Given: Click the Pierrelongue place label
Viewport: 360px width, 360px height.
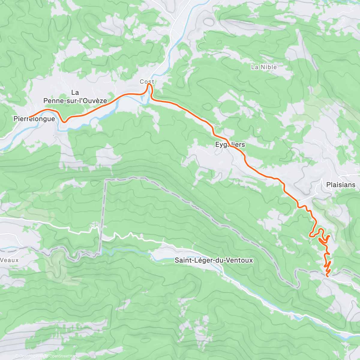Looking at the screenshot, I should pos(34,119).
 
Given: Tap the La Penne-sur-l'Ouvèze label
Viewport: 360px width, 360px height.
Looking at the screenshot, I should pos(75,97).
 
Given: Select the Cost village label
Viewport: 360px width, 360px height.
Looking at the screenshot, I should pos(147,82).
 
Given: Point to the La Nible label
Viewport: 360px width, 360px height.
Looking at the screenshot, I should pos(264,67).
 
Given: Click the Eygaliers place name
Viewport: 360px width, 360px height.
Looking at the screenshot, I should pos(230,145).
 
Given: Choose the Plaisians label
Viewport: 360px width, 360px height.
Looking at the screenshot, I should pos(341,185).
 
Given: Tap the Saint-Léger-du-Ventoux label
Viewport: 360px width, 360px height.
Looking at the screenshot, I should pos(214,260).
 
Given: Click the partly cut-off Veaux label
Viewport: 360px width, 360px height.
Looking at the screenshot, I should pos(9,260).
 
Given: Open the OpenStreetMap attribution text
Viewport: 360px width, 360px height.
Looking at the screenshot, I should pos(63,356).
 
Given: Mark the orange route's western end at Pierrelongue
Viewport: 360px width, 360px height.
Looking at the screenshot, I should pos(29,116).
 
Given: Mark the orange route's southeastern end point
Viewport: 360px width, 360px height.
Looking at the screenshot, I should pos(327,275).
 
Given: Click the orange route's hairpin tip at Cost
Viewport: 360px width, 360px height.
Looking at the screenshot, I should pos(149,85).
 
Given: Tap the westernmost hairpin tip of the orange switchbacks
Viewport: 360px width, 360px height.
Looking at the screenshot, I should pos(310,236).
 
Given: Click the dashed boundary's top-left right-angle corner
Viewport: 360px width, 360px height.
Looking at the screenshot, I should pos(106,180).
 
